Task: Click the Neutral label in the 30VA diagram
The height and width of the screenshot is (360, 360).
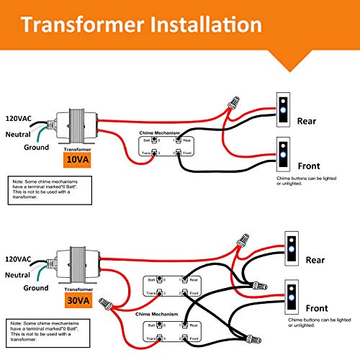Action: (x=18, y=274)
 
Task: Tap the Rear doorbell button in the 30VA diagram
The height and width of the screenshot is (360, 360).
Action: (x=292, y=248)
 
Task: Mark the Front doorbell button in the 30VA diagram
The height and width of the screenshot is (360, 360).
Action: (x=292, y=295)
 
